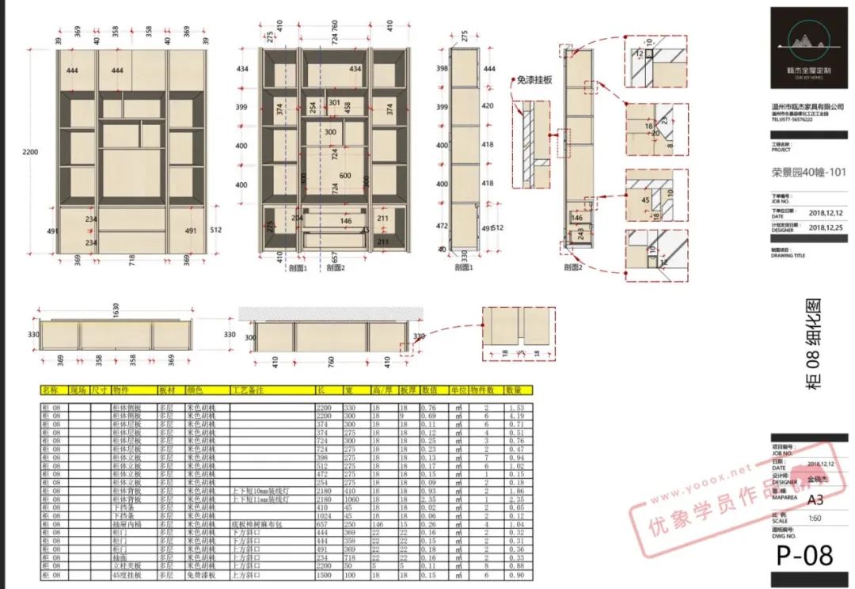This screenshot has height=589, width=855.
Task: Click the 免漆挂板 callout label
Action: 536,80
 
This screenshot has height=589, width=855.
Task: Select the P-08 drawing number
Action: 804,555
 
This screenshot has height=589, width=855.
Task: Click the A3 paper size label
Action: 815,500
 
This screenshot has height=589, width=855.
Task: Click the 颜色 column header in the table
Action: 196,390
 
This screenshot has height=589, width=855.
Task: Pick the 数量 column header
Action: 514,390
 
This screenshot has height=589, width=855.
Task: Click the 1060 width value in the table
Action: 351,499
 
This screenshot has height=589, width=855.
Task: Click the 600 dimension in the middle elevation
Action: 345,176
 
